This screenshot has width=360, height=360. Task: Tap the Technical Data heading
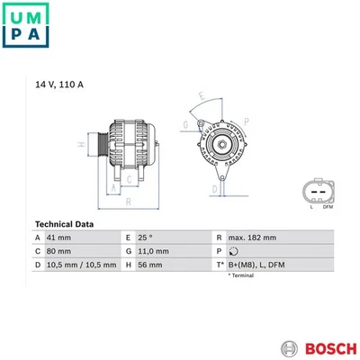point(69,223)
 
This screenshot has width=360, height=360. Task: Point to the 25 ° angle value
point(151,237)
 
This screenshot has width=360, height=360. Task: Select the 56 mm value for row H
point(153,265)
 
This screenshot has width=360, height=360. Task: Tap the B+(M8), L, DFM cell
point(256,265)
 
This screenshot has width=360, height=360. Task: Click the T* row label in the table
point(219,265)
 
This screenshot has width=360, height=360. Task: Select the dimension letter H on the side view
point(81,143)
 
